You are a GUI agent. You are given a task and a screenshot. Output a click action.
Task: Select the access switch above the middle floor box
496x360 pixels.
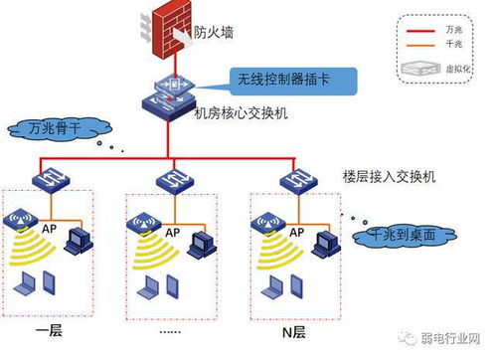[x=170, y=180]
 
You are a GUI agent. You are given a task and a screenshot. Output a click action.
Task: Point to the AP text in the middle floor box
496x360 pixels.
[x=172, y=231]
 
